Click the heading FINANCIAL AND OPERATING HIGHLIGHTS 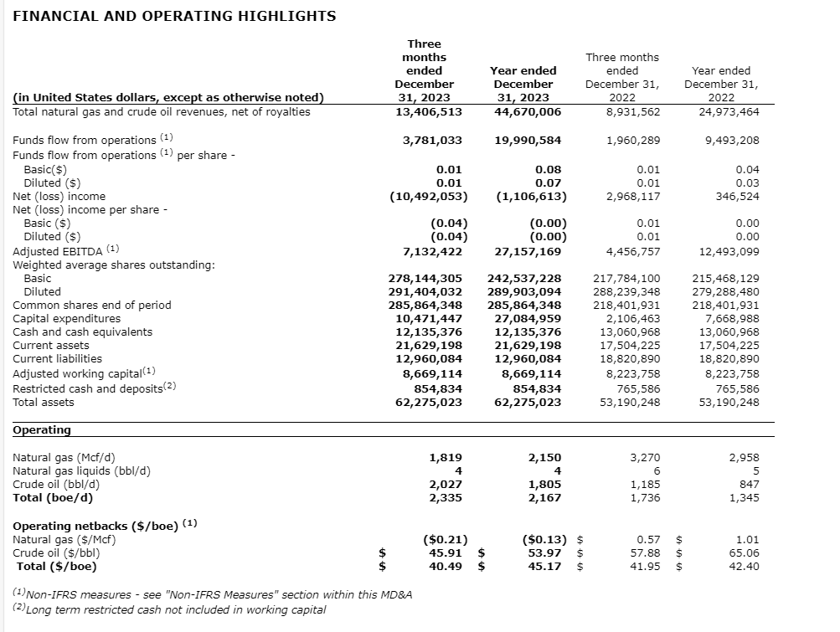tap(175, 16)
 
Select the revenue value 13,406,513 tap(429, 111)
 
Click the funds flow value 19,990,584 tap(528, 140)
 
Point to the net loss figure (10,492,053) tap(429, 197)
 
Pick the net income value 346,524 tap(735, 197)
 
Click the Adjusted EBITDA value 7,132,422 tap(432, 251)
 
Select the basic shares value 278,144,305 tap(425, 278)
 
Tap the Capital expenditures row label tap(67, 318)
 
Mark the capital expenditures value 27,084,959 tap(528, 318)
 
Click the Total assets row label tap(44, 402)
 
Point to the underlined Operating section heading tap(42, 429)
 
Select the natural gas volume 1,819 tap(445, 458)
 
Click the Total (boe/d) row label tap(53, 498)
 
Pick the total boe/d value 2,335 tap(445, 498)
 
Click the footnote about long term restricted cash tap(169, 609)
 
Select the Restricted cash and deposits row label tap(94, 388)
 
